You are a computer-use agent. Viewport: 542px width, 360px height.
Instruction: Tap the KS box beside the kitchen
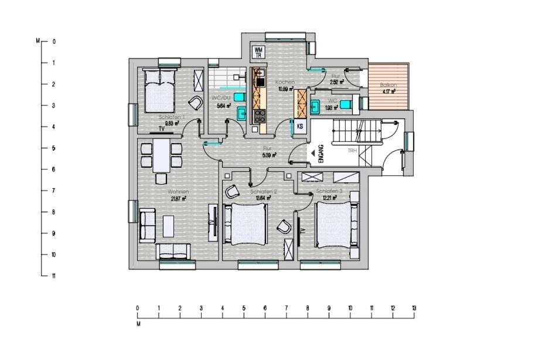click(x=300, y=126)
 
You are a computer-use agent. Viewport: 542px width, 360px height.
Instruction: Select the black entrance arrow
click(x=312, y=154)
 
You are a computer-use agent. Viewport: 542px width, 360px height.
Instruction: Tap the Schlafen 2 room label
click(x=263, y=192)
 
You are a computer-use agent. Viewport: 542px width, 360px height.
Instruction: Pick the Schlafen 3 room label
click(x=328, y=192)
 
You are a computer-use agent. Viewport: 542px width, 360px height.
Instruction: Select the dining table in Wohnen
click(x=161, y=155)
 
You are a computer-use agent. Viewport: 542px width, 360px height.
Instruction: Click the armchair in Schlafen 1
click(x=195, y=103)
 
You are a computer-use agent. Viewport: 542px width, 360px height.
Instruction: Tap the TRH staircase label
click(x=352, y=151)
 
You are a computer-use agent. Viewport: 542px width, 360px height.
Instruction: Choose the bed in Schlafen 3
click(x=335, y=225)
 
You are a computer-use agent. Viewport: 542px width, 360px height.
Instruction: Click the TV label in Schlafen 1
click(x=161, y=128)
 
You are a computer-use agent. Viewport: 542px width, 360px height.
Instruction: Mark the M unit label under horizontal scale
click(x=139, y=322)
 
